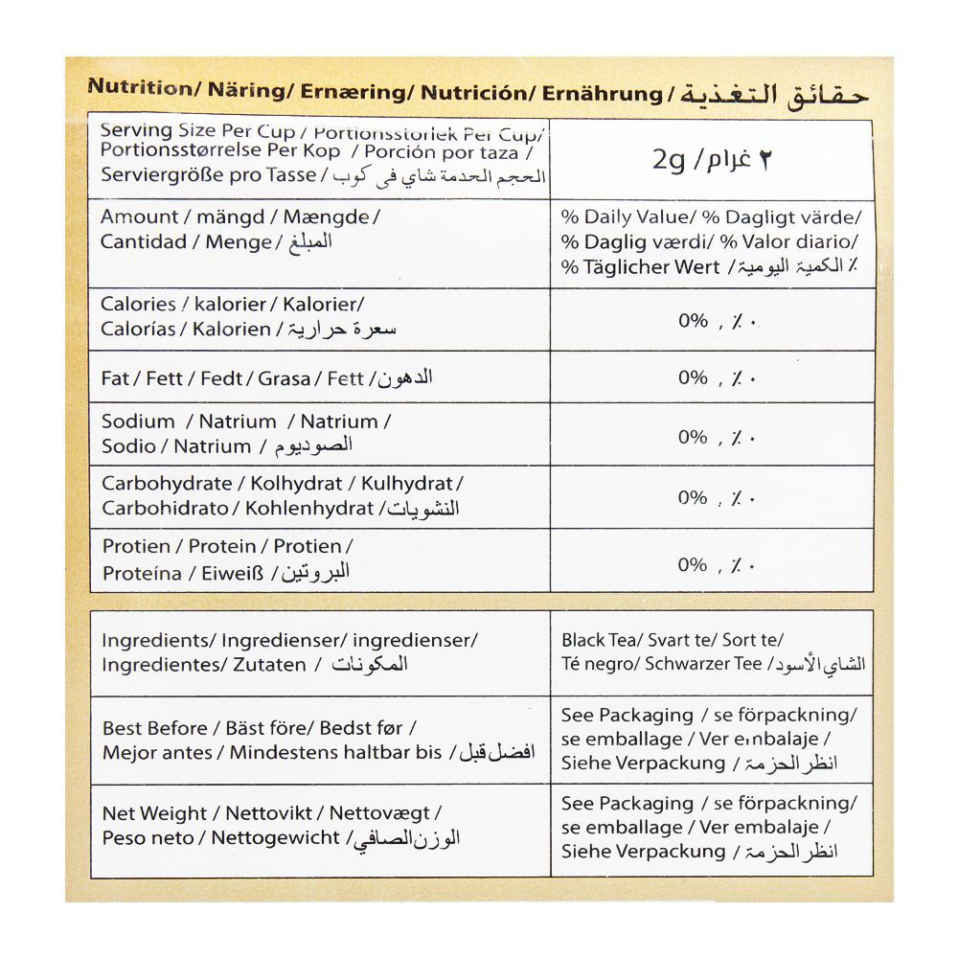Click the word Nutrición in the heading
click(474, 92)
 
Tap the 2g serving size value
click(669, 160)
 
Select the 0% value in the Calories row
click(693, 321)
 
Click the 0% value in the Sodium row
click(693, 437)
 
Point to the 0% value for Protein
click(693, 564)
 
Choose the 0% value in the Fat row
click(693, 377)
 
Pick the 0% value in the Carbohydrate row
click(693, 497)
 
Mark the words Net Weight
click(154, 813)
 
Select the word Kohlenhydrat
click(308, 509)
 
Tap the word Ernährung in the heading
click(603, 93)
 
